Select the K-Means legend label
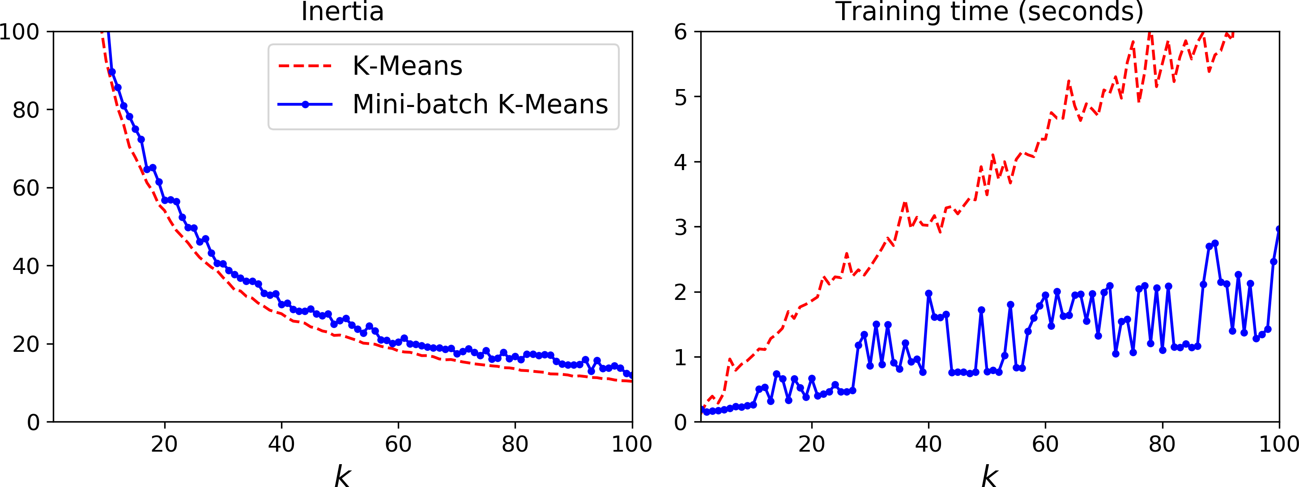point(407,66)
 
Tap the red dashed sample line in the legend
point(305,66)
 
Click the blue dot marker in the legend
point(305,104)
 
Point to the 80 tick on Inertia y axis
point(26,110)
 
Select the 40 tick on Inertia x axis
point(281,444)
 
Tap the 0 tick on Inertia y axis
point(33,423)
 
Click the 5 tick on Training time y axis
point(681,97)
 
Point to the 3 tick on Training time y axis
point(681,227)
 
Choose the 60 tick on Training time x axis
point(1045,444)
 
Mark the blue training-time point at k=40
point(928,293)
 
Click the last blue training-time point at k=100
point(1278,229)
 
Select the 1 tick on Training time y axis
point(681,357)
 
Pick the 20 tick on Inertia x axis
point(164,444)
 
